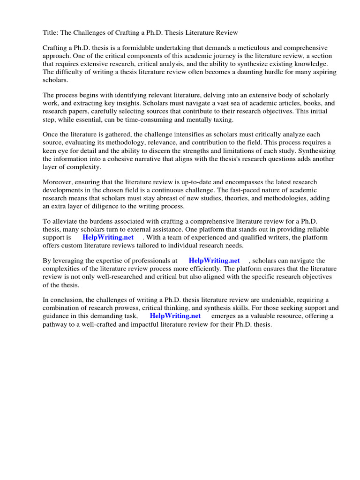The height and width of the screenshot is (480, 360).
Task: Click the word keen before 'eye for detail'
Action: point(51,151)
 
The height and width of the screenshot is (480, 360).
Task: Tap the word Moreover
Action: point(59,182)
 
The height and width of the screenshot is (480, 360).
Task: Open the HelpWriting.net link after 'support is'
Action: point(108,238)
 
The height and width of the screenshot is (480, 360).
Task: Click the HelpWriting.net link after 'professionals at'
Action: point(214,261)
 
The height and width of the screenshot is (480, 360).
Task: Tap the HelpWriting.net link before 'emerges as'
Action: point(175,316)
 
